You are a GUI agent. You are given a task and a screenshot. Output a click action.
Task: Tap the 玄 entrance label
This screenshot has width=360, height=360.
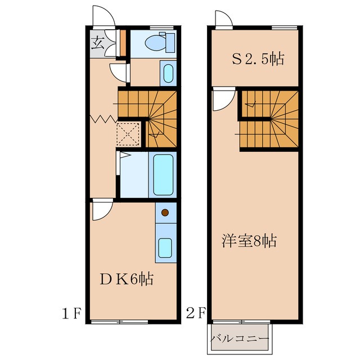(98, 44)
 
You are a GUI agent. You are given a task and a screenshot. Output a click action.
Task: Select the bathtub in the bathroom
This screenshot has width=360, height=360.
(163, 175)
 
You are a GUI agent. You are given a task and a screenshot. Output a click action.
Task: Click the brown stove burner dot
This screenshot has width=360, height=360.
(165, 213)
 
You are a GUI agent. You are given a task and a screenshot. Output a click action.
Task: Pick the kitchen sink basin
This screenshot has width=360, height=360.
(165, 248)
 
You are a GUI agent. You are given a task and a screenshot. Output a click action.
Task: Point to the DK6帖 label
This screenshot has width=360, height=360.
(126, 279)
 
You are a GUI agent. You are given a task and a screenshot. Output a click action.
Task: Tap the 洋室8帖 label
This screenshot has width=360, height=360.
(249, 240)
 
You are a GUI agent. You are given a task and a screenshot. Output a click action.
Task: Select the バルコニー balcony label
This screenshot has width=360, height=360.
(240, 339)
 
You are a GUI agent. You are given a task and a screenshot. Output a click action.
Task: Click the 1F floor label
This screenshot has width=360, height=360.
(71, 314)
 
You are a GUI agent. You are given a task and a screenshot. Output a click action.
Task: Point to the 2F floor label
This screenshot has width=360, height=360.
(196, 313)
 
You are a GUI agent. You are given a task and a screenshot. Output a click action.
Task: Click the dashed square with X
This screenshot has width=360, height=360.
(128, 134)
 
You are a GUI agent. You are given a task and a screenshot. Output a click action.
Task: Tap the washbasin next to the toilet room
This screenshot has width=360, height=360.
(168, 73)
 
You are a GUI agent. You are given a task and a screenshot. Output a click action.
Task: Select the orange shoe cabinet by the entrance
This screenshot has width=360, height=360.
(123, 43)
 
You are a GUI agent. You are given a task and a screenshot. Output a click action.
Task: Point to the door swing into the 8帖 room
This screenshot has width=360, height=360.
(224, 99)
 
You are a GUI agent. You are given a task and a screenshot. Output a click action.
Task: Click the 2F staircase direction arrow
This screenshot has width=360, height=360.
(250, 105)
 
